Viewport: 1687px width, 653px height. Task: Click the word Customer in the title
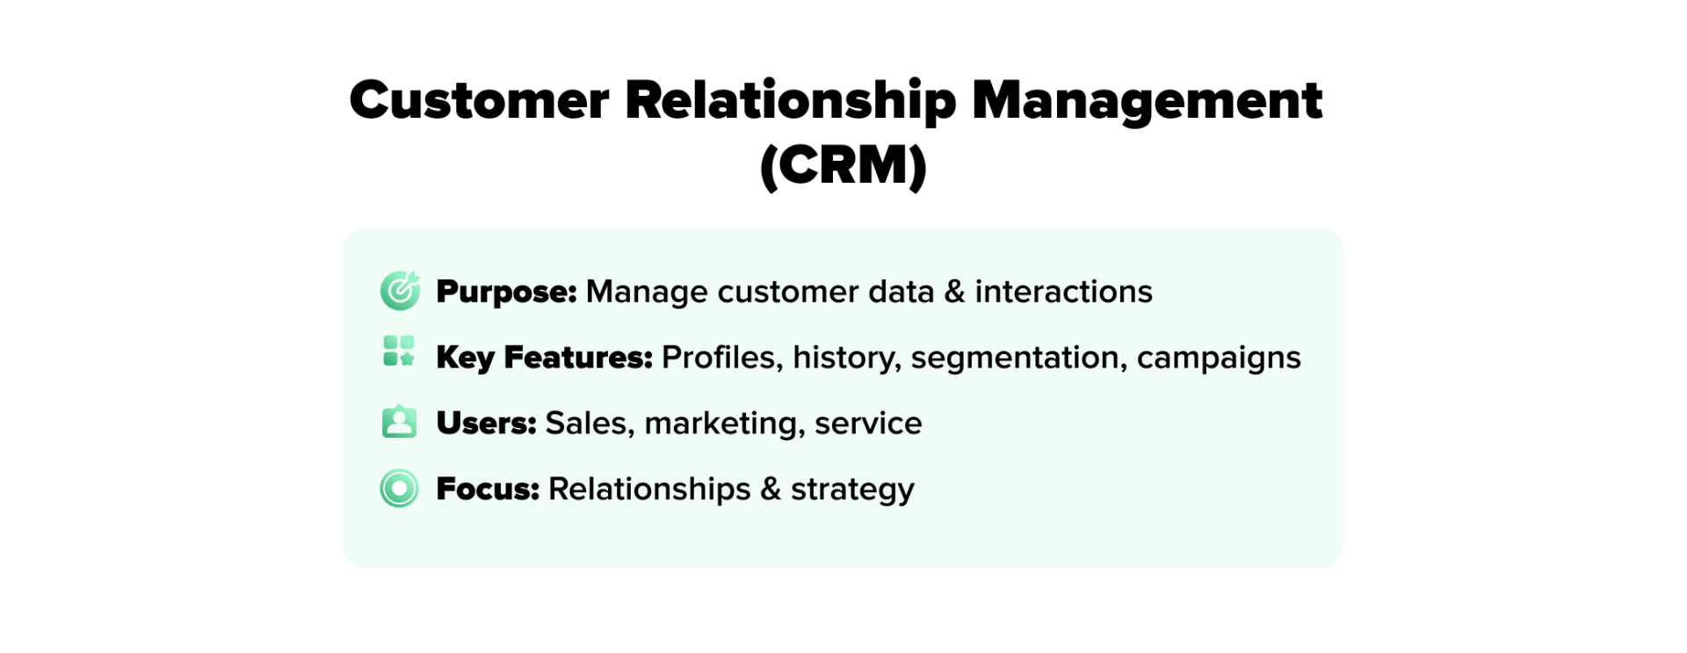(479, 100)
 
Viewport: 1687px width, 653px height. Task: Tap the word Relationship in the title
(790, 100)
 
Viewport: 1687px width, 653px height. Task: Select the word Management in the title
(1146, 100)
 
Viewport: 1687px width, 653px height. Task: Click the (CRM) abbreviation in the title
(843, 165)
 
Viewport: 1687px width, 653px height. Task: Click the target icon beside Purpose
(400, 291)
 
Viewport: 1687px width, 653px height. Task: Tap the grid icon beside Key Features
(399, 351)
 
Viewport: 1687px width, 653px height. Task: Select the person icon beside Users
(399, 422)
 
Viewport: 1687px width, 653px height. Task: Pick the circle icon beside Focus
(399, 489)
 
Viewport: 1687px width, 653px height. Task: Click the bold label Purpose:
(506, 292)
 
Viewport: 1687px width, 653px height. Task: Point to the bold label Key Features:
(544, 358)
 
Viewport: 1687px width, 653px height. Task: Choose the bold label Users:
(486, 424)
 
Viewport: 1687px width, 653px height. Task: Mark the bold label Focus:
(488, 490)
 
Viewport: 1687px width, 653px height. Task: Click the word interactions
(1063, 292)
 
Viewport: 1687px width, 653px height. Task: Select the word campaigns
(1218, 358)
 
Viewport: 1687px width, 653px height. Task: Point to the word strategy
(852, 490)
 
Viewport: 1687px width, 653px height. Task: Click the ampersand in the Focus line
(771, 490)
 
